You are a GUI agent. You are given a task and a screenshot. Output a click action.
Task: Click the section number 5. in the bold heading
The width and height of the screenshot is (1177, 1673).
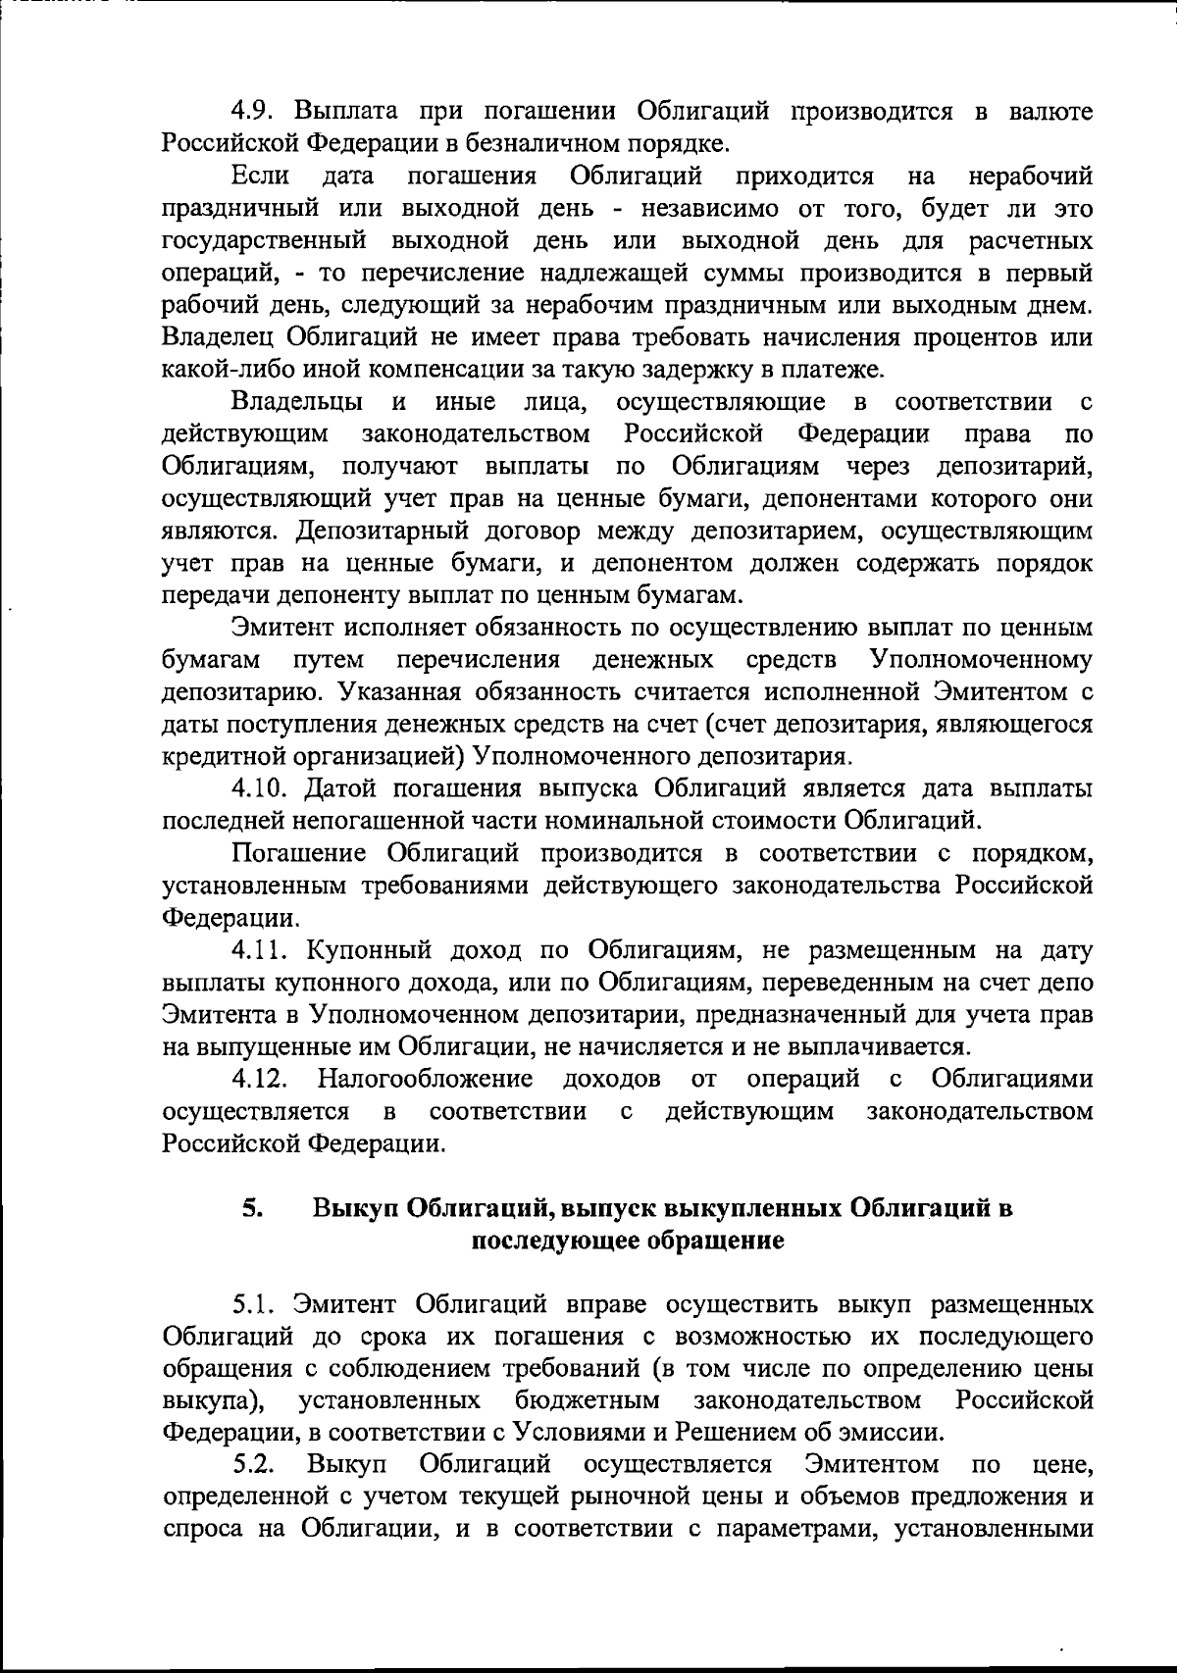[x=252, y=1208]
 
